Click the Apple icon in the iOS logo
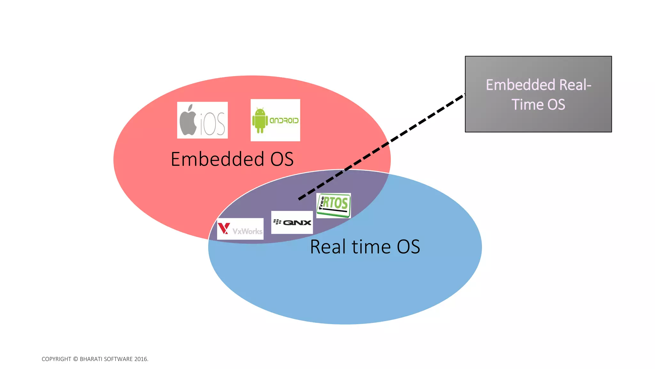(188, 120)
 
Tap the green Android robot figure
(260, 120)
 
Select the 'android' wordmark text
(284, 120)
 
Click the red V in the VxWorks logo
(224, 229)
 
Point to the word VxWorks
(247, 231)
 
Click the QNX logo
(292, 222)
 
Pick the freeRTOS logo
(334, 205)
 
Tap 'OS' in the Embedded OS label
(282, 159)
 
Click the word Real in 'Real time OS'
(328, 247)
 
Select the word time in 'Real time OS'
(371, 247)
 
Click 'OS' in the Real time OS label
(408, 247)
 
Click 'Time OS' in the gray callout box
(538, 105)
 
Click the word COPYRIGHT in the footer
(56, 359)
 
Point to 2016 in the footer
(140, 359)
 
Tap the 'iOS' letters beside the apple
(213, 125)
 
